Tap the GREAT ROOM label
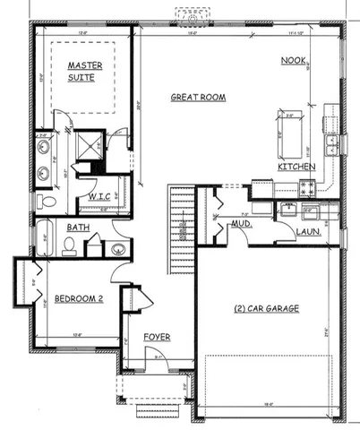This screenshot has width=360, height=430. tap(197, 97)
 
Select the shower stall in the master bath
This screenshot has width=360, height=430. tap(90, 148)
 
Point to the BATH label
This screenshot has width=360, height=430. tap(77, 228)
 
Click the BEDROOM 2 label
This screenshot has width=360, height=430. tap(79, 298)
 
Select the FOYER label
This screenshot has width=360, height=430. tap(157, 338)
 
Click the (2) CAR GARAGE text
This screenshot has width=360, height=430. tap(266, 309)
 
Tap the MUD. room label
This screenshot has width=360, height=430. tap(239, 227)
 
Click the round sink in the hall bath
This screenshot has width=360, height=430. tap(117, 248)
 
